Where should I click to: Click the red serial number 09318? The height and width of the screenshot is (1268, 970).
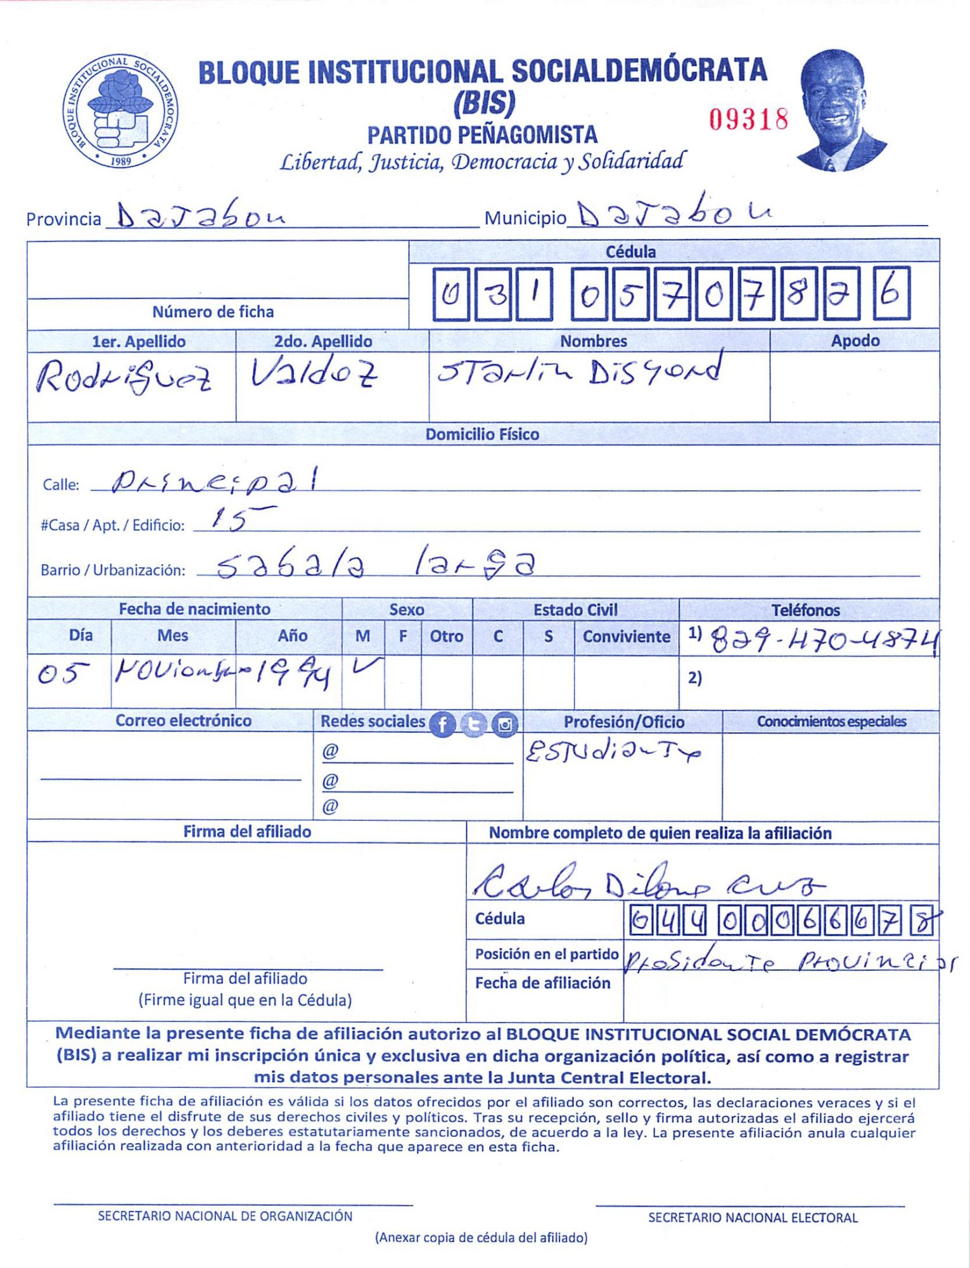748,119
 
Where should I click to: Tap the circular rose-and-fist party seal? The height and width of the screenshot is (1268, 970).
120,112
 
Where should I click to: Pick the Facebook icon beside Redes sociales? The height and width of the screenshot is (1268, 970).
442,724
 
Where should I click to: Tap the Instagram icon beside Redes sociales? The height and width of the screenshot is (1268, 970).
505,724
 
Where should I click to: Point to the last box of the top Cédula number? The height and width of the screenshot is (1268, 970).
891,294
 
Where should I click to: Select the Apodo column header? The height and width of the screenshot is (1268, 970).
855,340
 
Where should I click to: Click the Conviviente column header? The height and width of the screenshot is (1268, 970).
626,636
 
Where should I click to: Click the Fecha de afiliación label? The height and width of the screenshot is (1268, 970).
542,983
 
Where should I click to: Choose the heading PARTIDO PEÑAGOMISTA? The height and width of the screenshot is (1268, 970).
482,134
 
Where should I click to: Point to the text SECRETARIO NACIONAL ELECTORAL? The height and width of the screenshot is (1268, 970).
752,1217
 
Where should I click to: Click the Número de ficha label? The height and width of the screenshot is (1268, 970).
213,311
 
